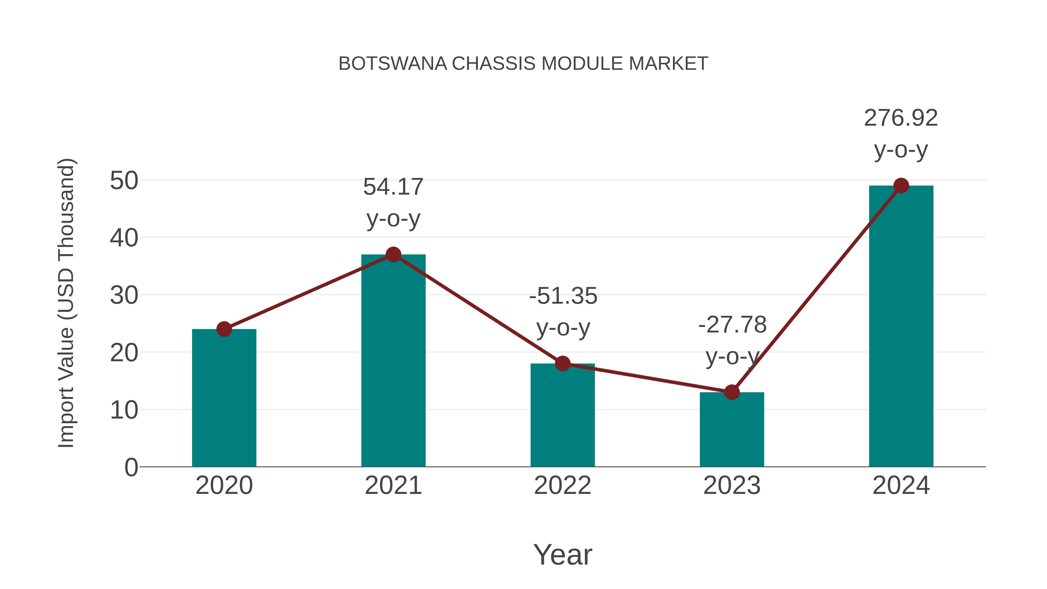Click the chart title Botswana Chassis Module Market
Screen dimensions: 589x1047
523,64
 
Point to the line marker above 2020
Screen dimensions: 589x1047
224,329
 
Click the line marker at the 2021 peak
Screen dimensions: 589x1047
393,255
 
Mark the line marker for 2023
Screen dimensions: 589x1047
732,392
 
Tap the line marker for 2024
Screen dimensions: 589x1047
901,186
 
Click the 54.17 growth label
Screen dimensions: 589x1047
393,187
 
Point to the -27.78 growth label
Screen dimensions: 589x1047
732,325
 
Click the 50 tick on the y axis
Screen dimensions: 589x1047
124,180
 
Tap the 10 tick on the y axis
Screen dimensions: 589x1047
124,410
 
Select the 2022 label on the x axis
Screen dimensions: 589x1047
562,485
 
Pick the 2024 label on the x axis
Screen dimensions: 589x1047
901,485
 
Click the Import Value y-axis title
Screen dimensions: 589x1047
66,303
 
